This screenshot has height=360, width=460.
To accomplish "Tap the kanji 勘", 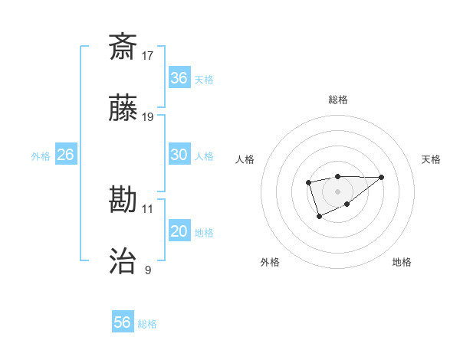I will pyautogui.click(x=123, y=200).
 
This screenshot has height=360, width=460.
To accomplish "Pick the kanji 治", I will pyautogui.click(x=123, y=262).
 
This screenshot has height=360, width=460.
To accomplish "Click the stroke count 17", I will pyautogui.click(x=148, y=55).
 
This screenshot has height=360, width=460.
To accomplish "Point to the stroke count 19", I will pyautogui.click(x=148, y=117).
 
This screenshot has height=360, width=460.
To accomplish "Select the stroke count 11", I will pyautogui.click(x=148, y=208).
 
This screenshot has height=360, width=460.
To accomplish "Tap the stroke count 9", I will pyautogui.click(x=148, y=270).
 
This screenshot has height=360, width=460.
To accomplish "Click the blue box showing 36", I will pyautogui.click(x=179, y=78).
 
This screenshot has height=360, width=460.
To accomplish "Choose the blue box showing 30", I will pyautogui.click(x=179, y=155).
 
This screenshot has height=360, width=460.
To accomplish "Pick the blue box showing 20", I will pyautogui.click(x=179, y=231).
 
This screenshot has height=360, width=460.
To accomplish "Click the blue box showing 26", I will pyautogui.click(x=65, y=155).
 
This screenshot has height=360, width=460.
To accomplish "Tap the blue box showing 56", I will pyautogui.click(x=123, y=322).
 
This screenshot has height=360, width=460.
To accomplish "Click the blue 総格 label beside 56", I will pyautogui.click(x=147, y=324).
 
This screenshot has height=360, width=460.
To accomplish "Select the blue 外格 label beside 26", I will pyautogui.click(x=41, y=156).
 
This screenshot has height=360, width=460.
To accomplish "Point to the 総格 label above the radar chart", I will pyautogui.click(x=338, y=100).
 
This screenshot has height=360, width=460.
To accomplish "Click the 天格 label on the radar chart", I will pyautogui.click(x=431, y=159).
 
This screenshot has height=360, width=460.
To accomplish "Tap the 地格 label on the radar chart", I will pyautogui.click(x=402, y=262).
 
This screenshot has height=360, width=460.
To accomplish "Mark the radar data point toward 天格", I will pyautogui.click(x=382, y=177).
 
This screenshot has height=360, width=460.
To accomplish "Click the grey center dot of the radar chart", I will pyautogui.click(x=337, y=191).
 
